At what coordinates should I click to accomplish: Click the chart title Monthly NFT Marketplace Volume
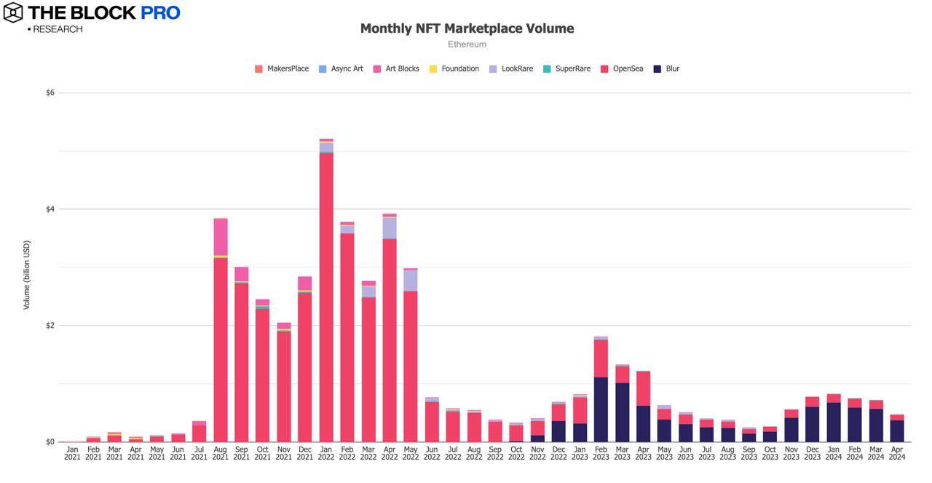(x=467, y=28)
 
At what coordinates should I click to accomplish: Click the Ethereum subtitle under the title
(x=467, y=44)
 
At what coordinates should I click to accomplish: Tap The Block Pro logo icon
(x=13, y=12)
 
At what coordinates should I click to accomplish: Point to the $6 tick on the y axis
(x=50, y=93)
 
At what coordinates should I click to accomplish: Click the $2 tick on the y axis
(x=50, y=326)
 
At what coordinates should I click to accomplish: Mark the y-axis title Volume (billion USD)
(x=27, y=275)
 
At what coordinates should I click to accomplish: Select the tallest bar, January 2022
(x=326, y=291)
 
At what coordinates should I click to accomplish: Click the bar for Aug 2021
(x=221, y=350)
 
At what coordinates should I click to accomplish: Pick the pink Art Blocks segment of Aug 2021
(x=221, y=237)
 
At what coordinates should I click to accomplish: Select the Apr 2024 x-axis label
(x=897, y=453)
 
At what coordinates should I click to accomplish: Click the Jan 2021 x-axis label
(x=72, y=453)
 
